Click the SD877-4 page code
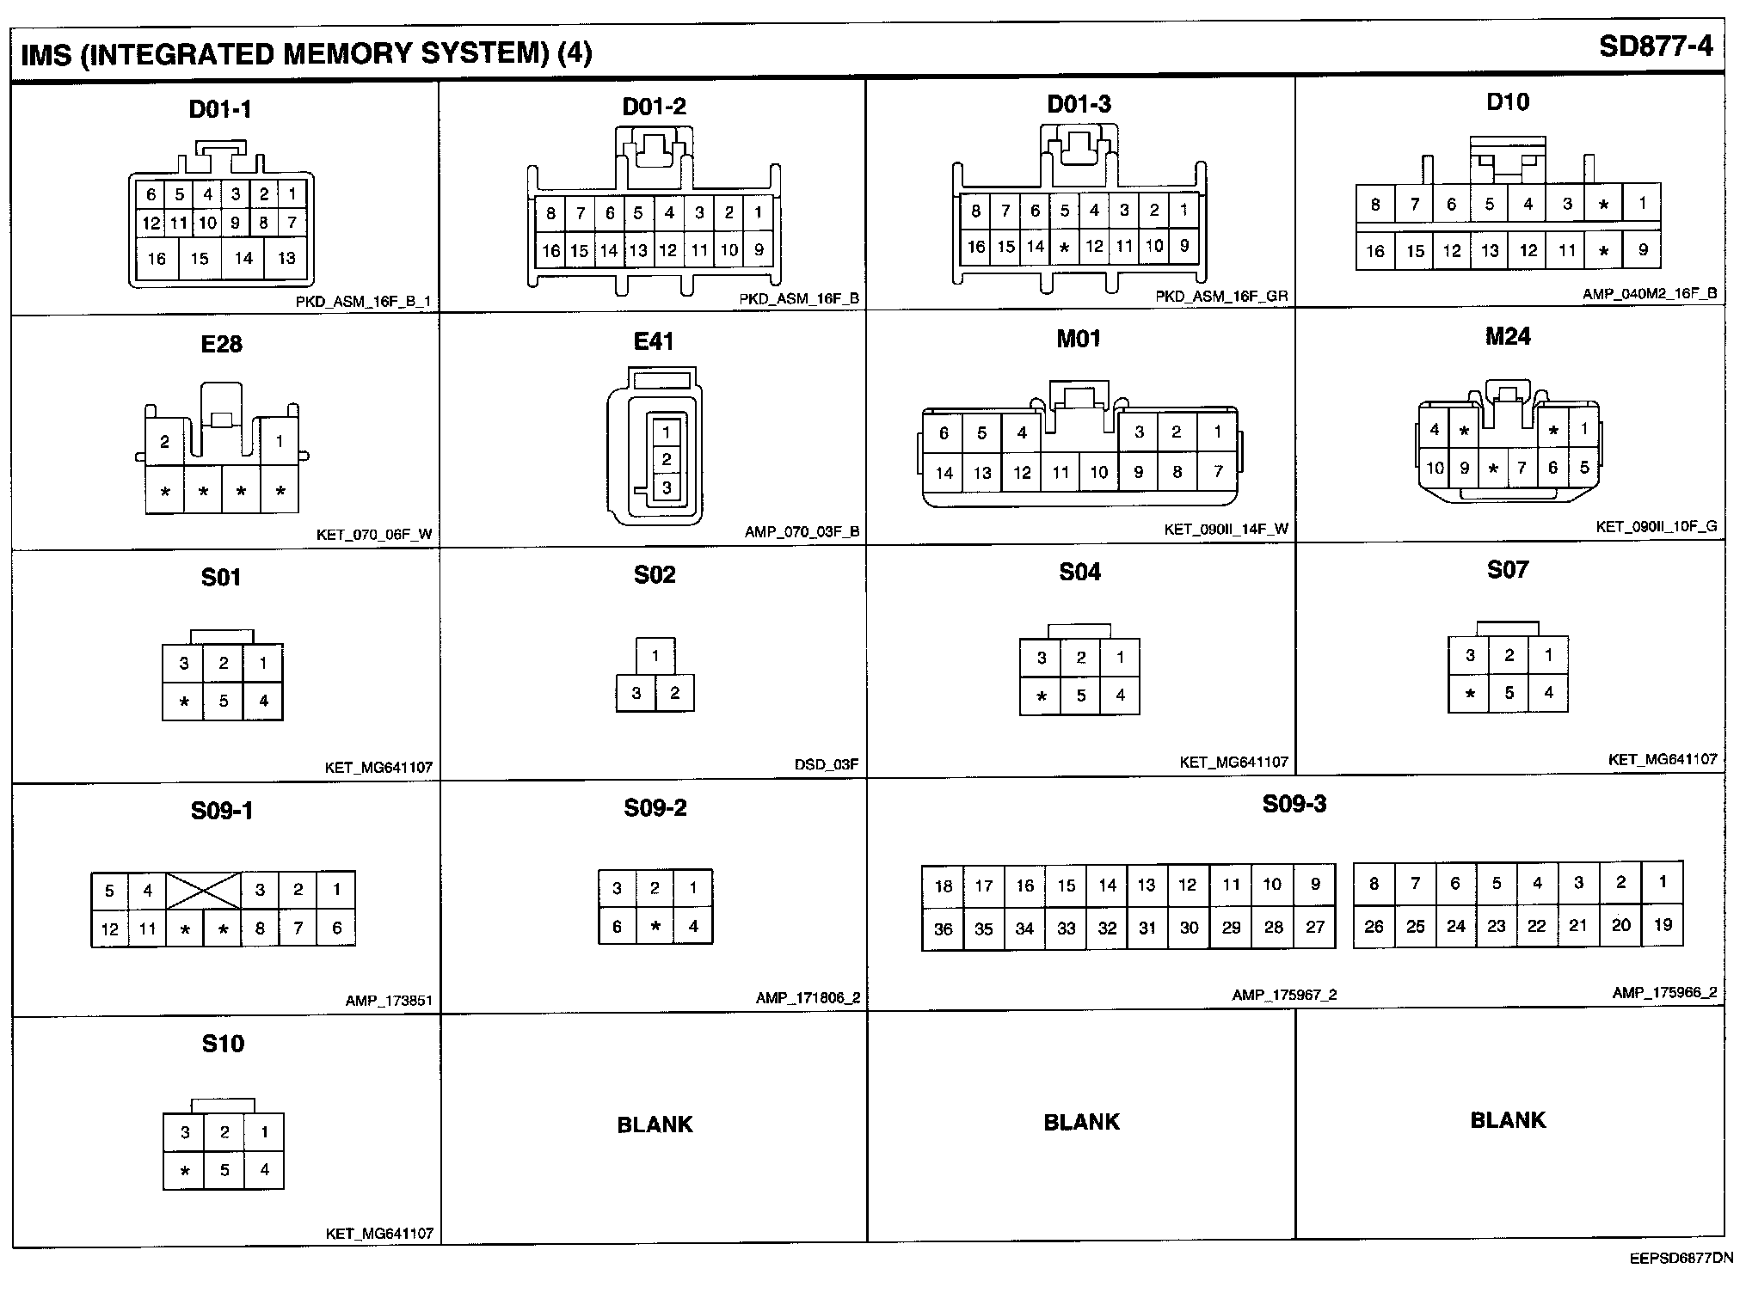click(x=1656, y=46)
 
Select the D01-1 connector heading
click(x=221, y=109)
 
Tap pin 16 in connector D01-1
click(x=157, y=258)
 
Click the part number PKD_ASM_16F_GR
click(x=1221, y=297)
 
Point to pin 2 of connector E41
click(x=667, y=460)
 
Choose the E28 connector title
click(x=222, y=344)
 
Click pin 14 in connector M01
click(x=944, y=472)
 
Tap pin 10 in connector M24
click(x=1435, y=468)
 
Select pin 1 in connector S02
click(x=655, y=657)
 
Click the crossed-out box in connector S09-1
click(x=204, y=891)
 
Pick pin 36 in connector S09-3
click(x=944, y=929)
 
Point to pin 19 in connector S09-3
click(x=1663, y=925)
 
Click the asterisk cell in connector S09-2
click(x=655, y=927)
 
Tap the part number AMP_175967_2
click(x=1284, y=995)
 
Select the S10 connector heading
click(x=223, y=1044)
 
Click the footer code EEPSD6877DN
click(x=1681, y=1259)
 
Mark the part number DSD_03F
click(x=827, y=764)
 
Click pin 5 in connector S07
click(x=1509, y=692)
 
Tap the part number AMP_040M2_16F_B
click(x=1650, y=294)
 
